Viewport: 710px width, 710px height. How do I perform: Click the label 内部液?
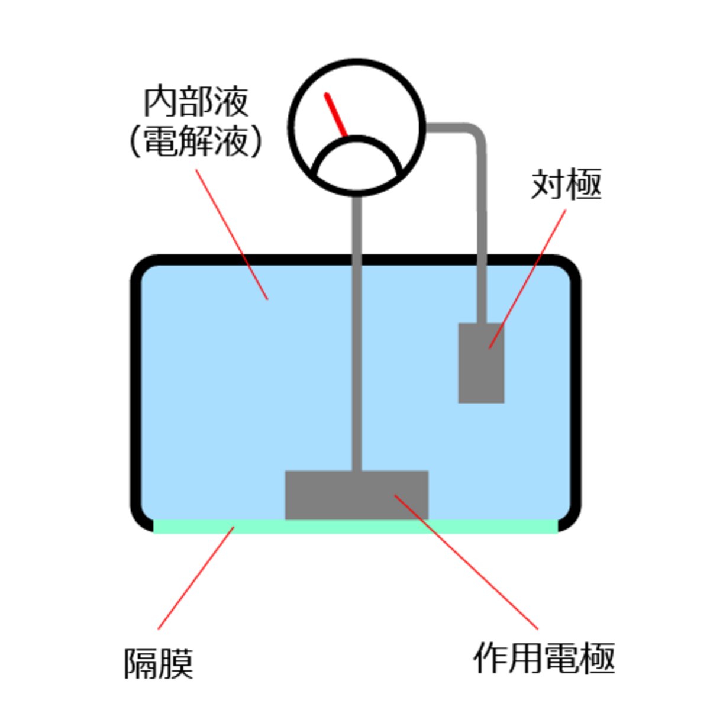[196, 102]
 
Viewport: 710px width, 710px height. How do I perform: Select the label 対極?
[566, 184]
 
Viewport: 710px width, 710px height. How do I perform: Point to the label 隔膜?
[159, 664]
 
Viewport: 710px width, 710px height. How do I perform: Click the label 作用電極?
[544, 657]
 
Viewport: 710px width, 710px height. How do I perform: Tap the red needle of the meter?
[335, 115]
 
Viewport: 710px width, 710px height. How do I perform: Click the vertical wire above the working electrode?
[356, 331]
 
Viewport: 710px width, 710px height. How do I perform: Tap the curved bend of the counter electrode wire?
[477, 134]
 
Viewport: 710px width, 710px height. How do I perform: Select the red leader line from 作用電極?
[467, 562]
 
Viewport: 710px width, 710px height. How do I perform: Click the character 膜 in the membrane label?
[176, 664]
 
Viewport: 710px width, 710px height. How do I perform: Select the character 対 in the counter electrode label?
[548, 184]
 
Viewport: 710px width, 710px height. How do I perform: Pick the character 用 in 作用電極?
[526, 657]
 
